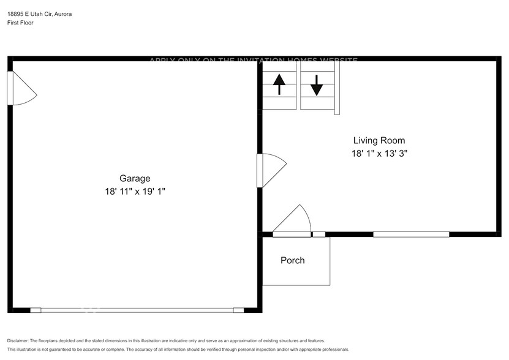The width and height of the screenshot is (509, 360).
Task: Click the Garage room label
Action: tap(134, 178)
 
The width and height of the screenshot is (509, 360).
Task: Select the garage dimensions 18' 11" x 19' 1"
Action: tap(135, 191)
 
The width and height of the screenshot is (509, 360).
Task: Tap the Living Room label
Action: tap(379, 140)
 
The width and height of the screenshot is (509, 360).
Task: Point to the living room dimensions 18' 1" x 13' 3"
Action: tap(379, 154)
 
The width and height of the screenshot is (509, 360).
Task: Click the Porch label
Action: tap(292, 260)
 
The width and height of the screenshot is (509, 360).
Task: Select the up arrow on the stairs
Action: tap(279, 84)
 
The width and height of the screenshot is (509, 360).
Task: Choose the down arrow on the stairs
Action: tap(316, 84)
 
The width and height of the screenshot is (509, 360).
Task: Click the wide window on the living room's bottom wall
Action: tap(411, 234)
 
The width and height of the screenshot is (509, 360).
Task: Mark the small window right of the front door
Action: tap(319, 234)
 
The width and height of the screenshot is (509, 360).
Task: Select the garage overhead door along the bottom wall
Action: tap(137, 310)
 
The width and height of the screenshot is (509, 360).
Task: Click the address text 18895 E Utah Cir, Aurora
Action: tap(39, 13)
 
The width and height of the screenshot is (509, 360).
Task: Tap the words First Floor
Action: tap(20, 23)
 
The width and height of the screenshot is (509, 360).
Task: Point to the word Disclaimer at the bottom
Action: tap(18, 340)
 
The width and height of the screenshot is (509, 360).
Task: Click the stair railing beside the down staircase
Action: tap(336, 89)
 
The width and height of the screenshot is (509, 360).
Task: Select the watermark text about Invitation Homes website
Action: tap(254, 60)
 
